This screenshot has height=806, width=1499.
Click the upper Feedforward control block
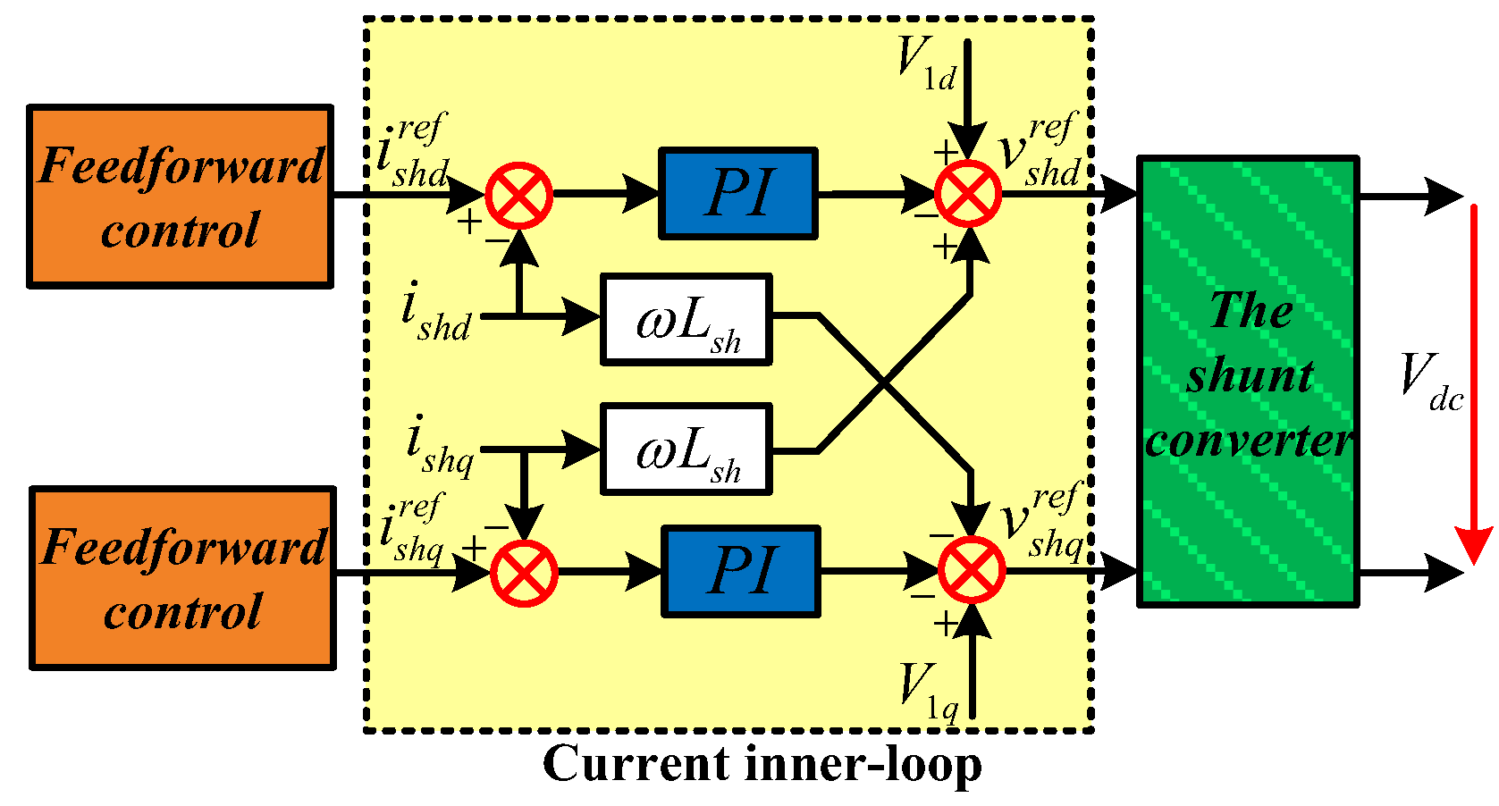pos(181,197)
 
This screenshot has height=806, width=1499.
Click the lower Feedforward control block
pos(183,578)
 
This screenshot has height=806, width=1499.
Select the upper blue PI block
pos(738,194)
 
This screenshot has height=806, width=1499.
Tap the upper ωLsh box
pos(686,320)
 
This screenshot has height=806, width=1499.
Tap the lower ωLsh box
pos(686,449)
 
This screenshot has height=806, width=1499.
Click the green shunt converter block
pos(1248,382)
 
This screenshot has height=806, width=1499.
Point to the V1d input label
pos(926,63)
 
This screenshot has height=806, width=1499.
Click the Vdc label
pos(1430,382)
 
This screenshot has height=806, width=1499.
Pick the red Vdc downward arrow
pos(1474,384)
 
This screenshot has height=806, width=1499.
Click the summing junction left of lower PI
pos(524,573)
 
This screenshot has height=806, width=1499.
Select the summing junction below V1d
pos(968,194)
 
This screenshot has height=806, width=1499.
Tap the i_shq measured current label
pos(439,445)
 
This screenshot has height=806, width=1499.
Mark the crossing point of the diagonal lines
pos(883,384)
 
